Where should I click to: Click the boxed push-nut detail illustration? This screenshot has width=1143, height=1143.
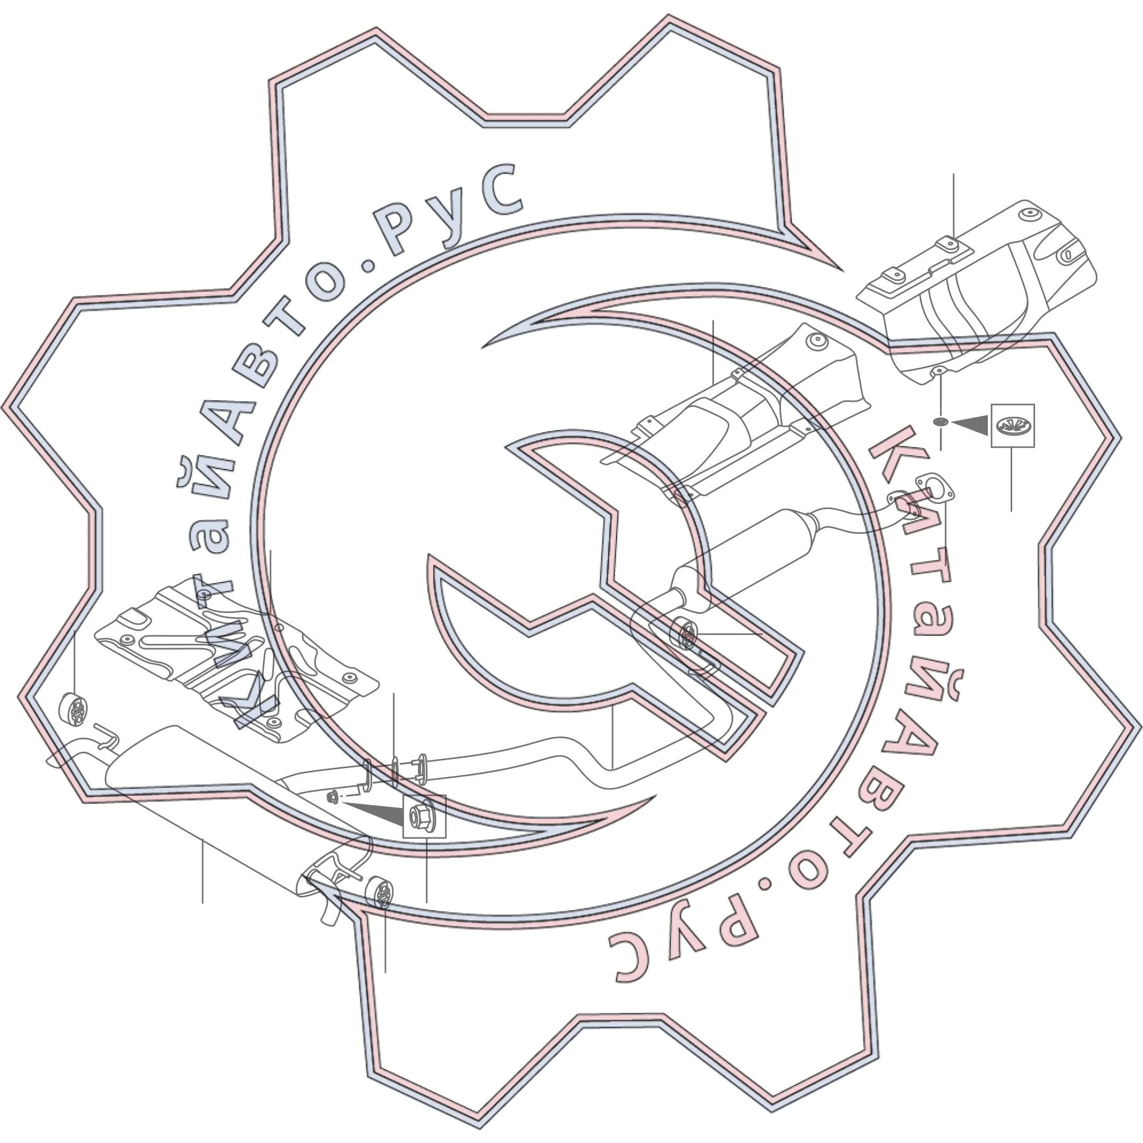coord(1013,425)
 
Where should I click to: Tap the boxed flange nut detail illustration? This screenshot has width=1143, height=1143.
coord(424,817)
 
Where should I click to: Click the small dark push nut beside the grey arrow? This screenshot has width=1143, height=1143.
coord(940,422)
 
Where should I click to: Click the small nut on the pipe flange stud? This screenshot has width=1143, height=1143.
coord(332,797)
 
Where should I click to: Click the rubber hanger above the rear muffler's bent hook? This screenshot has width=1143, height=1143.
coord(74,708)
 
